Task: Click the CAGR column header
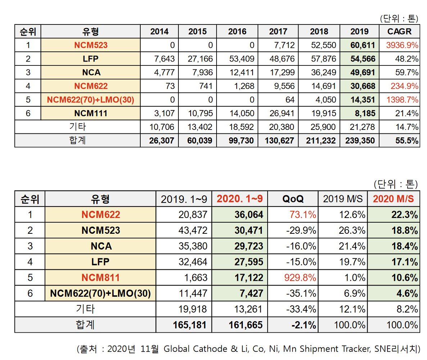(399, 31)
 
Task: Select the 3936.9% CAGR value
(402, 45)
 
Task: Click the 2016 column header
(237, 31)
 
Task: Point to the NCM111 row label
(91, 113)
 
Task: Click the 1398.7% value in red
(402, 100)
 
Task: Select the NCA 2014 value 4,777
(162, 72)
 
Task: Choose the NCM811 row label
(100, 278)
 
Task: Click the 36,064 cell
(248, 215)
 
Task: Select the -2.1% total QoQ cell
(304, 325)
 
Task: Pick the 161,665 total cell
(246, 325)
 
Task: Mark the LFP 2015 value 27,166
(197, 59)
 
